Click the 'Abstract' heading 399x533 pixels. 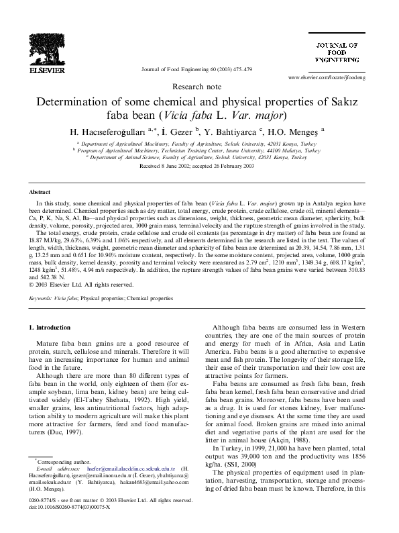[41, 191]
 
